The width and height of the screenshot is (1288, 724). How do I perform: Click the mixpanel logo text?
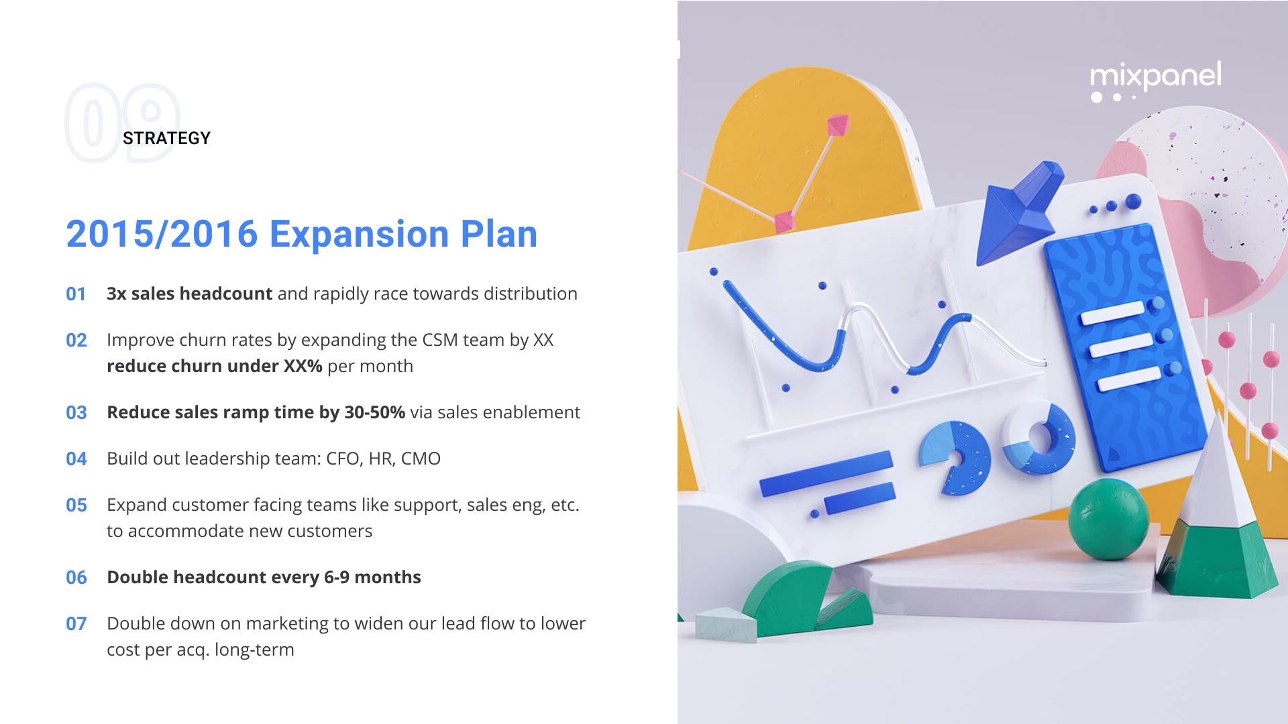click(x=1155, y=75)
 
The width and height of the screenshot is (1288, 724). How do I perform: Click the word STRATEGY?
click(x=166, y=138)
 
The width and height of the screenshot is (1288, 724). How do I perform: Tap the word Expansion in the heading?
click(x=359, y=234)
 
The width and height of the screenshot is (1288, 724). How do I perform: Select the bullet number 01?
click(x=76, y=294)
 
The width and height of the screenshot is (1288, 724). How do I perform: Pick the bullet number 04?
click(x=76, y=459)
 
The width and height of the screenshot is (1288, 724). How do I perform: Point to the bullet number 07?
click(x=76, y=624)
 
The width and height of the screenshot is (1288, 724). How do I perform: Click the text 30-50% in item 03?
click(x=374, y=412)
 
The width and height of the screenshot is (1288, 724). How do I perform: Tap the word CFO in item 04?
click(x=342, y=459)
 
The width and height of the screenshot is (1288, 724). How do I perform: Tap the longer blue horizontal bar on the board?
click(x=826, y=473)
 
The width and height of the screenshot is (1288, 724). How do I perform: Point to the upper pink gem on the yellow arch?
click(x=838, y=125)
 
